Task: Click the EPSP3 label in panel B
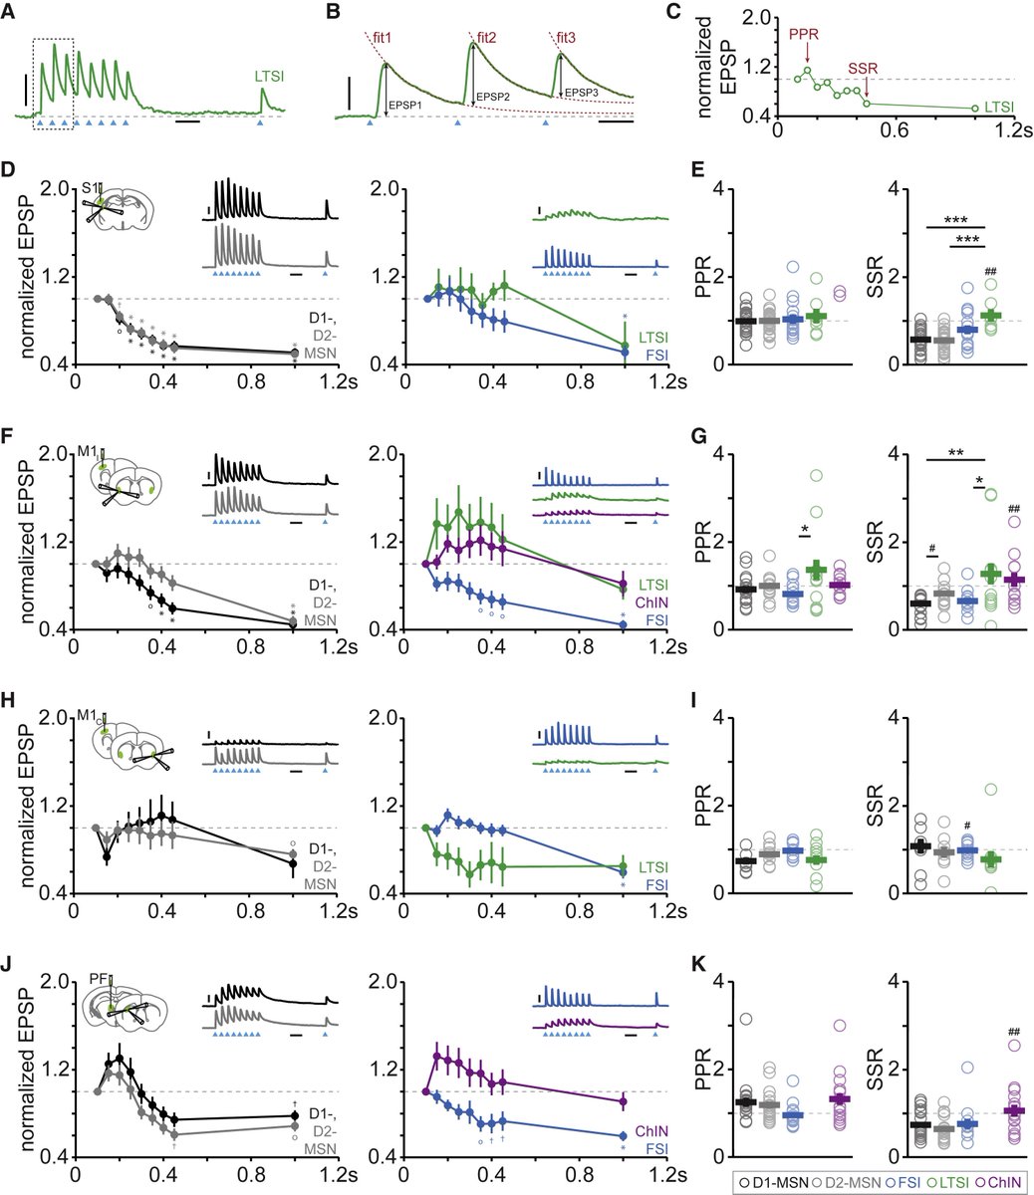[582, 92]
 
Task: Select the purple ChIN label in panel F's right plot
[652, 602]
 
